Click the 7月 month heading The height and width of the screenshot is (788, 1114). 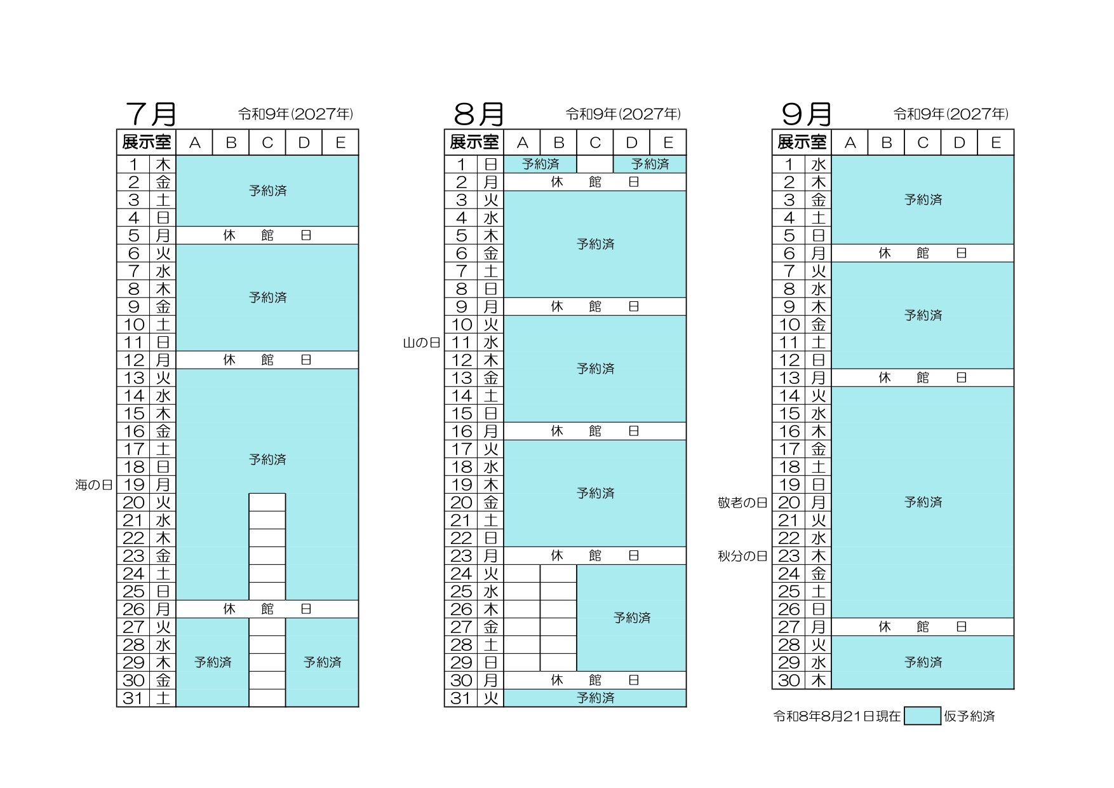151,114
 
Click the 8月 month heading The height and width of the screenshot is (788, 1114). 479,114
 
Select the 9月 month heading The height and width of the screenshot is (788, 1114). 807,114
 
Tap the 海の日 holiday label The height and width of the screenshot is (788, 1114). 94,485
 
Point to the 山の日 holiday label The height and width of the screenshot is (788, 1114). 422,343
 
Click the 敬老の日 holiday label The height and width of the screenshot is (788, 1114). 743,503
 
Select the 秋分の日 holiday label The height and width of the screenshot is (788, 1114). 743,556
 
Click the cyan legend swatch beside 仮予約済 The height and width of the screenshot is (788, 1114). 922,716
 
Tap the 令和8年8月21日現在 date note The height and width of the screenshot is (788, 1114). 837,716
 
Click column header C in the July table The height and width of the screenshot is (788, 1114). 267,142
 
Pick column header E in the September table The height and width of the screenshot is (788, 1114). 996,142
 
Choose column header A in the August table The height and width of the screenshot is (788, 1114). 522,142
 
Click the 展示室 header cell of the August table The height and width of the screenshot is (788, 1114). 474,142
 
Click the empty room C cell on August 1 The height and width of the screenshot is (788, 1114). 595,164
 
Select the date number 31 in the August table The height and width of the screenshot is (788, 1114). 461,698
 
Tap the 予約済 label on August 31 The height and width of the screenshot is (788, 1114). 595,698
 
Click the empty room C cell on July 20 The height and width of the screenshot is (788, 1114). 267,503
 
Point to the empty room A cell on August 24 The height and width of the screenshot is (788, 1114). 522,574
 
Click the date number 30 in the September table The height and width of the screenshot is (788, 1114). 789,681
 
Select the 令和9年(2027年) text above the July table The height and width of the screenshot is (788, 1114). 295,114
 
